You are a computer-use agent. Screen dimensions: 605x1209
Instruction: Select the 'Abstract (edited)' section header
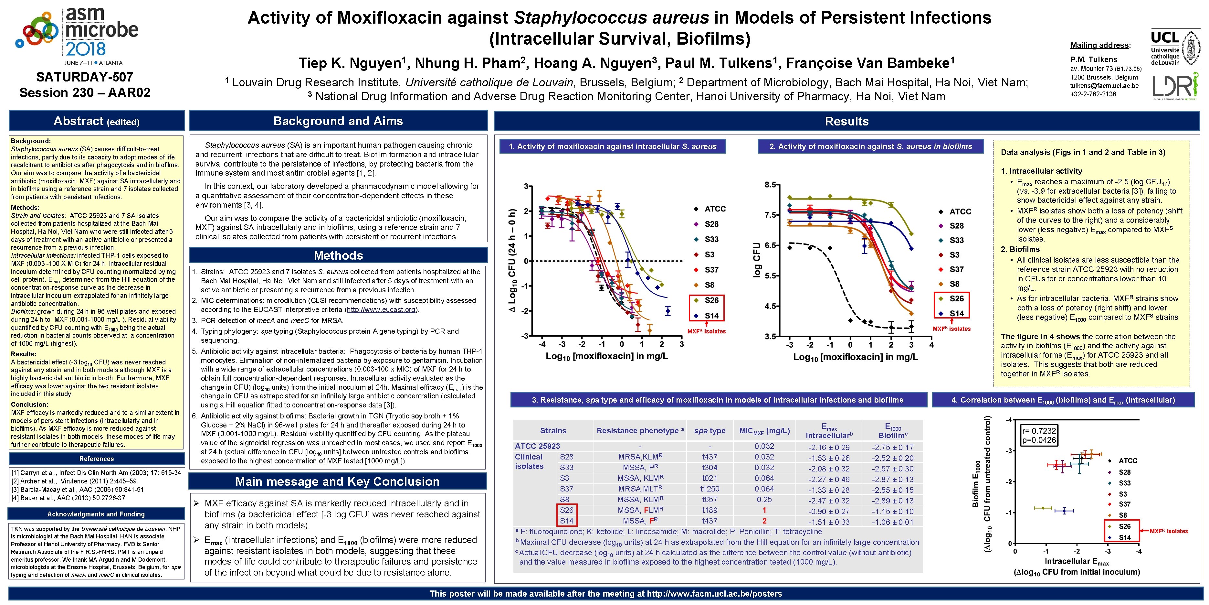[97, 121]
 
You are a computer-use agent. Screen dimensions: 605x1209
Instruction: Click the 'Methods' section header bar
[338, 255]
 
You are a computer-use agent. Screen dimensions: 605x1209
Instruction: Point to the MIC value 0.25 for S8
[764, 499]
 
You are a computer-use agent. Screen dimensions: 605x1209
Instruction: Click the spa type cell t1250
[710, 489]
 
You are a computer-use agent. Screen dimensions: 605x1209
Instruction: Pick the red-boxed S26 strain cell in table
[566, 510]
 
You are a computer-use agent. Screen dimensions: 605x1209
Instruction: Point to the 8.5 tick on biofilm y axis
[770, 185]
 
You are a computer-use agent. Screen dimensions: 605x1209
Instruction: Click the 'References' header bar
[97, 459]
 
